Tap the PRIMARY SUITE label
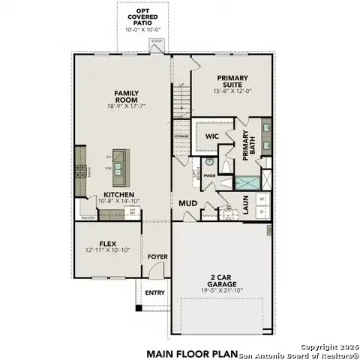[x=232, y=78]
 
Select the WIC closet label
[x=211, y=136]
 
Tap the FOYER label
[x=157, y=256]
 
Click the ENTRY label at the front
[x=155, y=292]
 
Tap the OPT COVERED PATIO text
[x=142, y=16]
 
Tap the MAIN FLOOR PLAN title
[x=192, y=352]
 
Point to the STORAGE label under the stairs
[x=181, y=136]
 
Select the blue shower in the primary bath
[x=247, y=181]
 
